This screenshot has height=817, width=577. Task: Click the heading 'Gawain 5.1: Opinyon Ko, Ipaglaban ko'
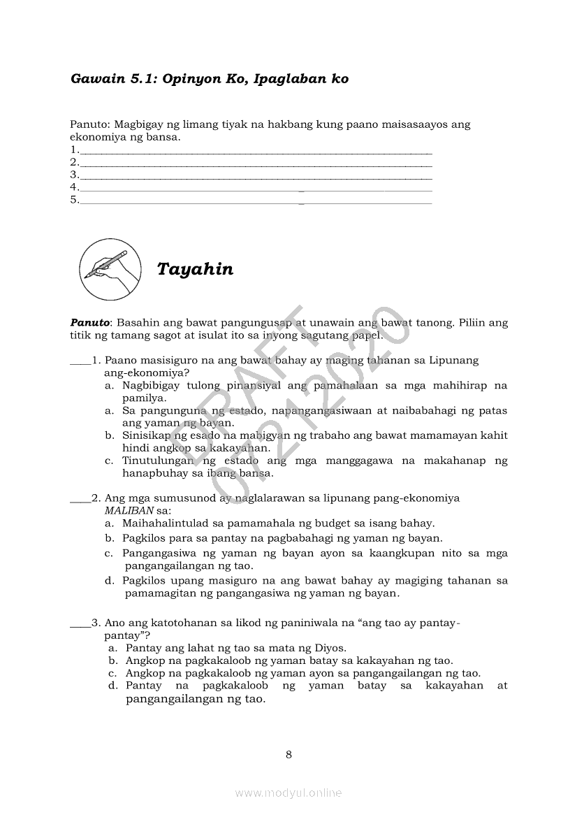(x=210, y=79)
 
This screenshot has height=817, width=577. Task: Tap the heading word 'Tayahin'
(x=195, y=269)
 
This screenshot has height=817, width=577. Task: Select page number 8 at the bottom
(x=288, y=754)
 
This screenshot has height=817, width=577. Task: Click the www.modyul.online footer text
(x=288, y=793)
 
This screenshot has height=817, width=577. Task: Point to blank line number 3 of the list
(x=256, y=175)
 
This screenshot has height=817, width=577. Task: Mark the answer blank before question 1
(x=80, y=361)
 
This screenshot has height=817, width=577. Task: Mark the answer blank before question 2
(x=80, y=499)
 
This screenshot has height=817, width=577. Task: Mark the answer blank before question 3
(x=80, y=623)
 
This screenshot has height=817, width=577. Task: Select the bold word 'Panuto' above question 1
(x=90, y=323)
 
